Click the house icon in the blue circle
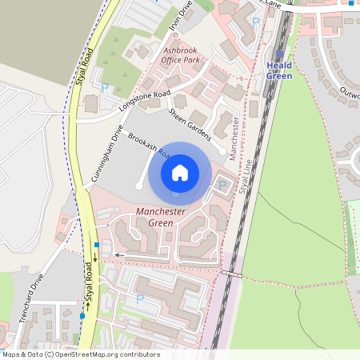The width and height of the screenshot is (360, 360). pyautogui.click(x=180, y=172)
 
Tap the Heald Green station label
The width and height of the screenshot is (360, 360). pyautogui.click(x=279, y=71)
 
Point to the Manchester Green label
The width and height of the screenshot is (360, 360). pyautogui.click(x=161, y=217)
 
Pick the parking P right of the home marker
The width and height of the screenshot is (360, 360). pyautogui.click(x=222, y=186)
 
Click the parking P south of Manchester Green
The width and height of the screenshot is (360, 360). pyautogui.click(x=139, y=298)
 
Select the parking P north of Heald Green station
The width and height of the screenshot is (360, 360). pyautogui.click(x=255, y=22)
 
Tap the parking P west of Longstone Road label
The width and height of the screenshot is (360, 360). pyautogui.click(x=105, y=86)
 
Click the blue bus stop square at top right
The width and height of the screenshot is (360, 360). pyautogui.click(x=350, y=3)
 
